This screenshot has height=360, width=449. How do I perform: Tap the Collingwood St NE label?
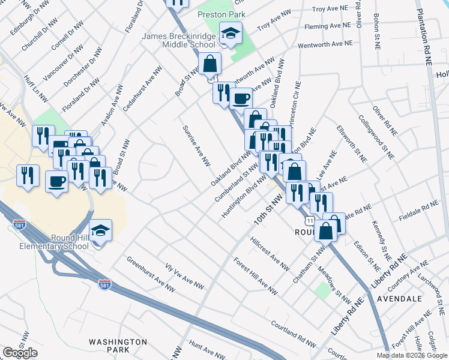click(376, 137)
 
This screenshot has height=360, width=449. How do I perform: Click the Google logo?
click(20, 353)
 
